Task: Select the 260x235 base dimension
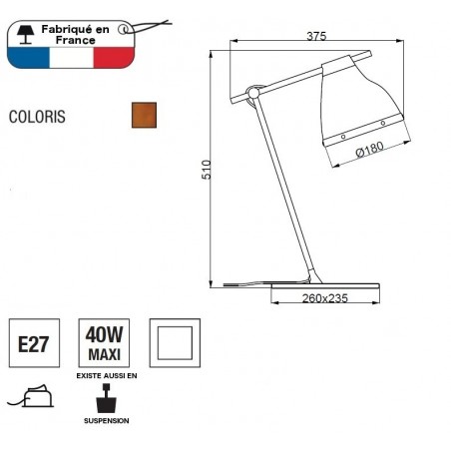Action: tap(323, 297)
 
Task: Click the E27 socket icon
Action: tap(36, 344)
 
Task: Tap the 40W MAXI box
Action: tap(106, 344)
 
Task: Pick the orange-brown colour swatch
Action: tap(145, 115)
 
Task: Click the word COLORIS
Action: tap(37, 116)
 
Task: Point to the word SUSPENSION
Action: tap(106, 421)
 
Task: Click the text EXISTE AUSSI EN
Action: tap(106, 376)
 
